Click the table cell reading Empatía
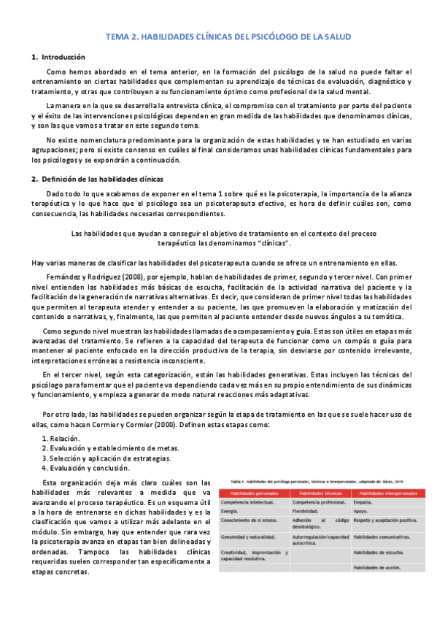point(363,504)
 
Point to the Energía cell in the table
point(231,513)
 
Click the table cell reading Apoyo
point(362,513)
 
